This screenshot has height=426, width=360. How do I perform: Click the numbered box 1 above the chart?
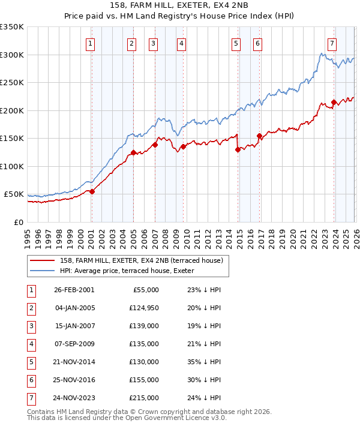click(x=90, y=43)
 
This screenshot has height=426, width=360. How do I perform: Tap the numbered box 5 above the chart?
click(x=236, y=43)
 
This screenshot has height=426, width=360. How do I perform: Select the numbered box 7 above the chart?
click(x=332, y=43)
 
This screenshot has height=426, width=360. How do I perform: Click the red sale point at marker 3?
click(x=155, y=145)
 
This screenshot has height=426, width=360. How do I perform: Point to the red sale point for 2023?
click(x=334, y=103)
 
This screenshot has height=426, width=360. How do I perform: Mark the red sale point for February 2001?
click(x=92, y=191)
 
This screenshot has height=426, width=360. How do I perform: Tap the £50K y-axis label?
click(x=14, y=194)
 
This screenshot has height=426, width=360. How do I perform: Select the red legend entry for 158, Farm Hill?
click(x=141, y=260)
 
